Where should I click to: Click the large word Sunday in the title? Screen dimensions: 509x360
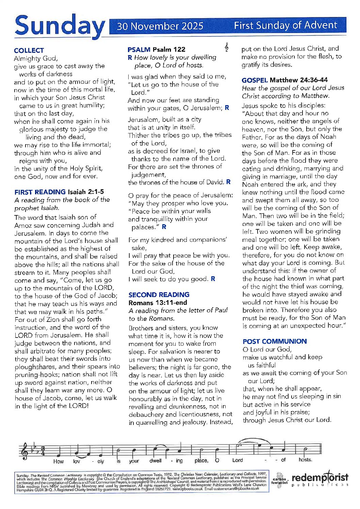60,26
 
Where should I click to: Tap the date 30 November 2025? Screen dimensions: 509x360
160,26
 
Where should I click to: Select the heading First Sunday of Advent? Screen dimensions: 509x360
285,25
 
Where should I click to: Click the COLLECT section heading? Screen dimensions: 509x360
29,50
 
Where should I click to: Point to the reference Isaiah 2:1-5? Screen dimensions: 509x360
86,192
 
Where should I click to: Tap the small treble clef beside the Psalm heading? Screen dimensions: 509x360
227,47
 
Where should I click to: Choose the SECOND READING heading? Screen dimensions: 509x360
159,295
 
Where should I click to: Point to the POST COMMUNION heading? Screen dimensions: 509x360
275,341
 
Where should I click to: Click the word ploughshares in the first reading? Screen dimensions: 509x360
34,367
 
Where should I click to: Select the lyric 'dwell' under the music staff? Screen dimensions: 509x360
156,461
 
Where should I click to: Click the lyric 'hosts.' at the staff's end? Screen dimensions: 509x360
305,460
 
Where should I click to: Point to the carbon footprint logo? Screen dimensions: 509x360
279,480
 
